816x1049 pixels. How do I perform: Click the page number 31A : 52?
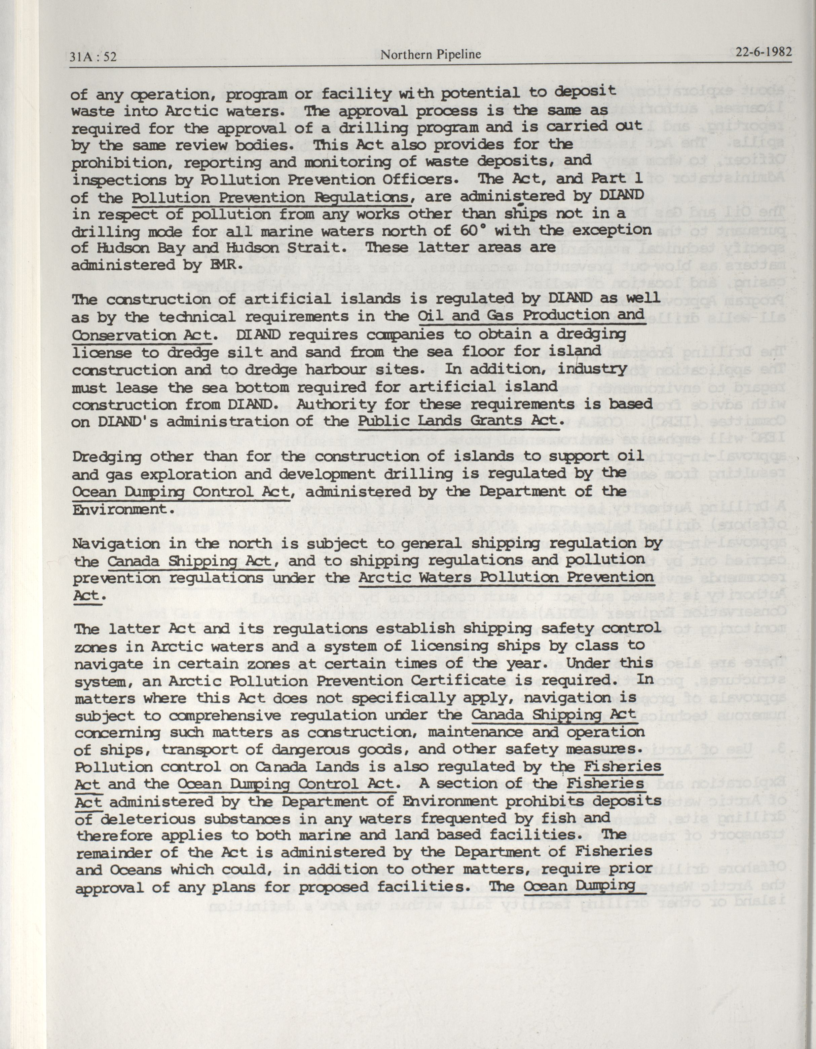[93, 57]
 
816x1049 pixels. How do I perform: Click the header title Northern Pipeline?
[430, 55]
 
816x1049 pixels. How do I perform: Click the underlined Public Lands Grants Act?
[459, 421]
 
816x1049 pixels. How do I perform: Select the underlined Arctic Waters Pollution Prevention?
[506, 577]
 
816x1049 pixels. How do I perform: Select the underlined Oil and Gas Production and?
[530, 316]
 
